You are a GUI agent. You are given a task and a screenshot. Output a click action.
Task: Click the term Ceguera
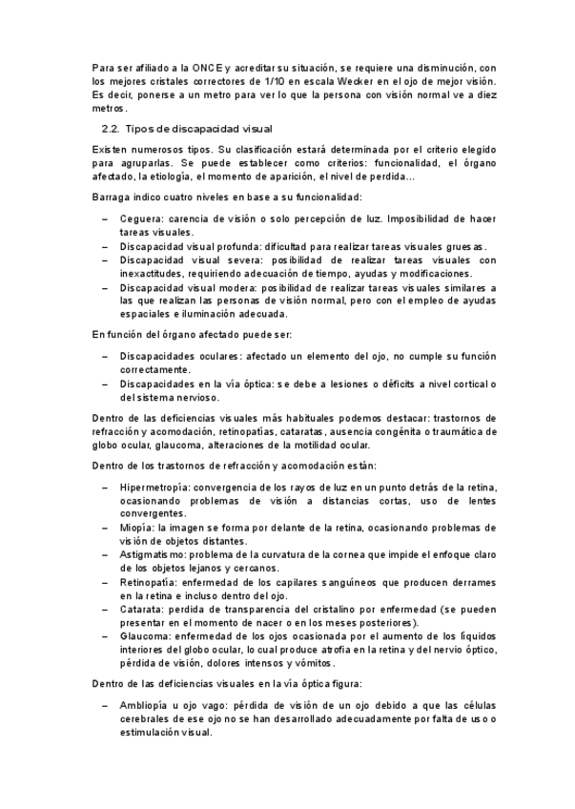coord(140,218)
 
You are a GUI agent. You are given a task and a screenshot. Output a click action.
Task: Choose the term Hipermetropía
coord(154,487)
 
